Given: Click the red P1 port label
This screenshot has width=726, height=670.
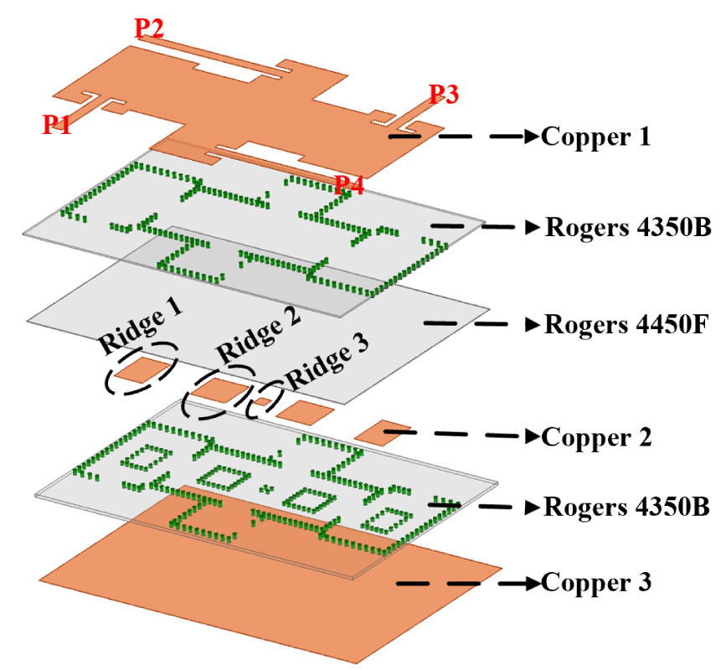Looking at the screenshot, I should [56, 126].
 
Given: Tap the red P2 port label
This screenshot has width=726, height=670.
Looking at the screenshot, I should [149, 28].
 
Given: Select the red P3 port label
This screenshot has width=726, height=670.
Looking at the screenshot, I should [443, 95].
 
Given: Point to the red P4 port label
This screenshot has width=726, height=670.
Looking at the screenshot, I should [349, 185].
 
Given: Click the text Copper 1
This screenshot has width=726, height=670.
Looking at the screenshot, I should [595, 136].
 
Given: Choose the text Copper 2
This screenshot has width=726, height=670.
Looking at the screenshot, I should [595, 436].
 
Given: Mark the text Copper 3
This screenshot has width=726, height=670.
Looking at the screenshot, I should [595, 582].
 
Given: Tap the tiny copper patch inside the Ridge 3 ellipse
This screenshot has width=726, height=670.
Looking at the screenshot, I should [261, 403].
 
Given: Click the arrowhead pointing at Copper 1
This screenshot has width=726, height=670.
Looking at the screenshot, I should [532, 136].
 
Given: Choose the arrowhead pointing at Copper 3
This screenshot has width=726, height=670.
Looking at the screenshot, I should [532, 582].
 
